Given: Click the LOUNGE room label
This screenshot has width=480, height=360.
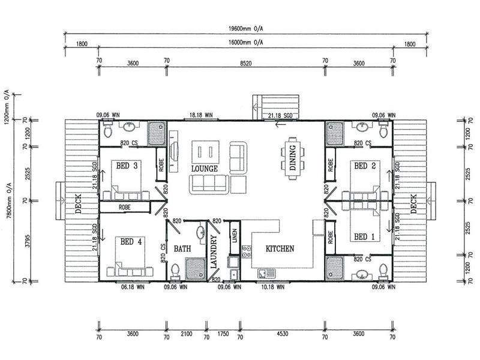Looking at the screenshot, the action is pyautogui.click(x=205, y=169).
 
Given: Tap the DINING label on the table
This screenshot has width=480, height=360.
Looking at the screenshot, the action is pyautogui.click(x=293, y=157).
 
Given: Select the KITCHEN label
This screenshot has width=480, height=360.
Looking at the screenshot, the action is pyautogui.click(x=280, y=248).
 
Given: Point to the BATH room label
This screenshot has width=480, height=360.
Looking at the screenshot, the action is pyautogui.click(x=182, y=248).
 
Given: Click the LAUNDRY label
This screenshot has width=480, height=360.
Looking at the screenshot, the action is pyautogui.click(x=214, y=251).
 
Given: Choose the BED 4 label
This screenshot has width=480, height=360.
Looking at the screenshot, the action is pyautogui.click(x=131, y=242).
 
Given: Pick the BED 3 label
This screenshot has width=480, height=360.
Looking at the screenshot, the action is pyautogui.click(x=127, y=166).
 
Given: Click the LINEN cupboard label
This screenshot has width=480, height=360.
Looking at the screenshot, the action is pyautogui.click(x=235, y=236).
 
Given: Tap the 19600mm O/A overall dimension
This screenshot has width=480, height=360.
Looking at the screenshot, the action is pyautogui.click(x=246, y=29).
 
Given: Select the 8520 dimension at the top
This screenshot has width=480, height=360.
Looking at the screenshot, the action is pyautogui.click(x=245, y=64).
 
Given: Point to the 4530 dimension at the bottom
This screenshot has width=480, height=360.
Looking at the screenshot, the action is pyautogui.click(x=282, y=334).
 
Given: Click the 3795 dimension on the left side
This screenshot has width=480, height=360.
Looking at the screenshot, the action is pyautogui.click(x=28, y=241).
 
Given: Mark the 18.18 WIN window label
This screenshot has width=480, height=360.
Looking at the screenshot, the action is pyautogui.click(x=201, y=115).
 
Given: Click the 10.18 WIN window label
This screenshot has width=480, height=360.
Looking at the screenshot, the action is pyautogui.click(x=273, y=287).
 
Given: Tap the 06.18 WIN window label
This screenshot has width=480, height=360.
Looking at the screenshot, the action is pyautogui.click(x=133, y=287).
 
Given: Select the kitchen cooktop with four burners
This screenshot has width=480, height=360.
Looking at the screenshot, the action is pyautogui.click(x=247, y=251).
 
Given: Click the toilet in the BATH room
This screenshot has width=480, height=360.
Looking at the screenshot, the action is pyautogui.click(x=175, y=271).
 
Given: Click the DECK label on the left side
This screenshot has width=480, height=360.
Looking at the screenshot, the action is pyautogui.click(x=79, y=203).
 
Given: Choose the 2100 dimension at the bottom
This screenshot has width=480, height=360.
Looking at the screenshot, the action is pyautogui.click(x=186, y=334).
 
